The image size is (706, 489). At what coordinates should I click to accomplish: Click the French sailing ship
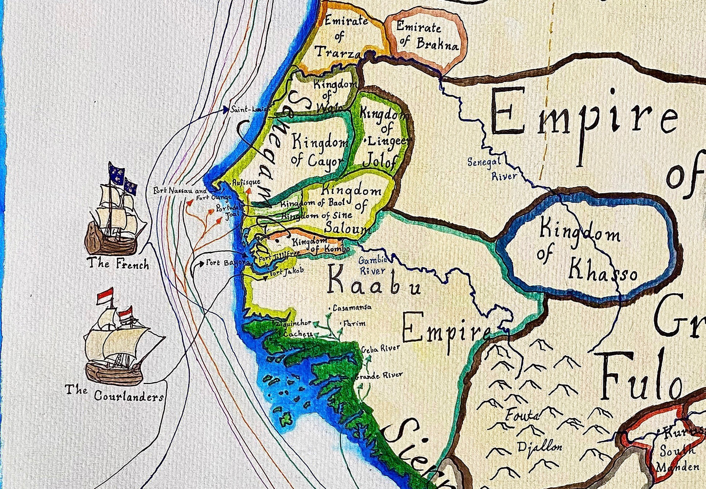click(115, 215)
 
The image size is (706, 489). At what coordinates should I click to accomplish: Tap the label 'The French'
click(118, 264)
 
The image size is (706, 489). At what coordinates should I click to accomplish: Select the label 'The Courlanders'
click(114, 393)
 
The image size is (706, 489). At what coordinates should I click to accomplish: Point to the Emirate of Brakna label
click(424, 35)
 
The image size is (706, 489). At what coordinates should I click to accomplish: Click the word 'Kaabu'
click(374, 282)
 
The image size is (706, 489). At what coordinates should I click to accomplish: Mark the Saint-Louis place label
click(247, 110)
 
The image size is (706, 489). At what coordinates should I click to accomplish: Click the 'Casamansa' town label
click(352, 308)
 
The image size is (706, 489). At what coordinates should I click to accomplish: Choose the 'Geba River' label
click(381, 348)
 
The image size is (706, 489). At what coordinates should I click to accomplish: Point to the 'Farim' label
click(354, 323)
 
